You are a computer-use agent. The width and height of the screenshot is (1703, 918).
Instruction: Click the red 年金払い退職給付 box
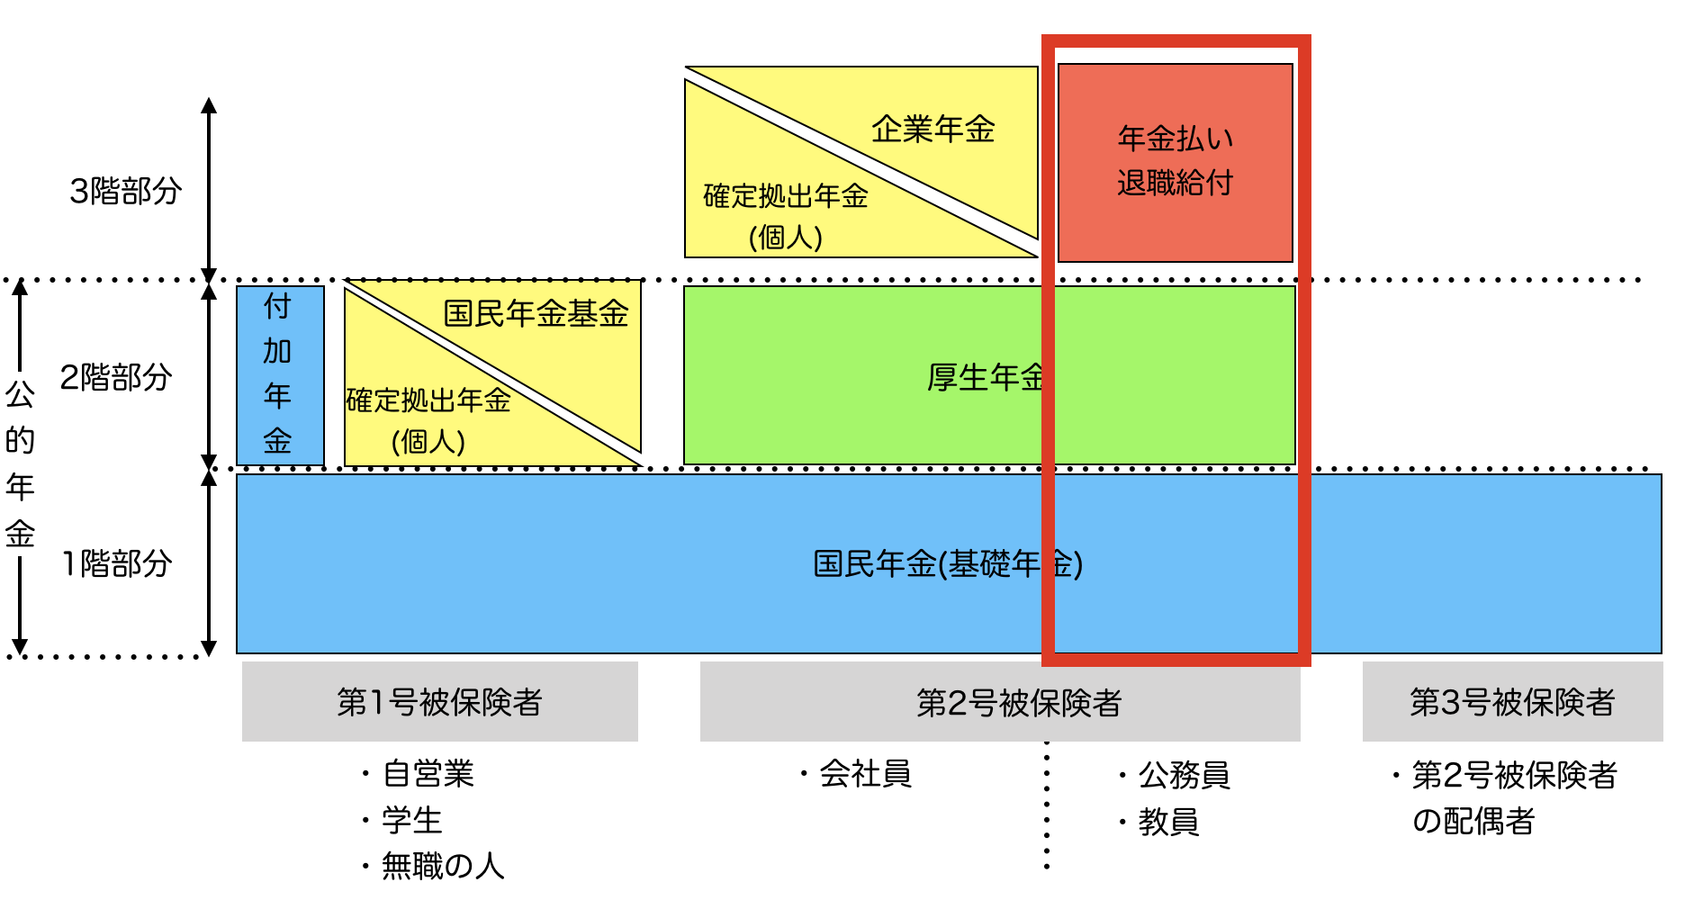1175,162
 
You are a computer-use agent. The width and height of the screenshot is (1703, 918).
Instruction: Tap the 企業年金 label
933,130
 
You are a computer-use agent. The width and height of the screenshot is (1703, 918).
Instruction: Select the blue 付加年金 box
279,374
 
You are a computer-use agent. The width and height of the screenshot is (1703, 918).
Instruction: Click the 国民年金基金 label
536,313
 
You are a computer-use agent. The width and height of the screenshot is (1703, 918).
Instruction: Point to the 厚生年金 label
985,377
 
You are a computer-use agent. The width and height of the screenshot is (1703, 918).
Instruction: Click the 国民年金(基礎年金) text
947,564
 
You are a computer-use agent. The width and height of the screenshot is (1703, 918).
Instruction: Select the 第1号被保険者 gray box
439,702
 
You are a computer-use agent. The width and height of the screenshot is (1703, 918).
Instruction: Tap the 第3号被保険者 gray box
1512,702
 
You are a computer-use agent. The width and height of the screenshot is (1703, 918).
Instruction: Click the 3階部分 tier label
126,191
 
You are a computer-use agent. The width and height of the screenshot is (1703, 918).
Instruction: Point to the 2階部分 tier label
116,377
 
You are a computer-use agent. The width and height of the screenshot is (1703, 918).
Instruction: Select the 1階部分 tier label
117,564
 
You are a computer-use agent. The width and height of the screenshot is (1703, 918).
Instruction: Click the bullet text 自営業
428,774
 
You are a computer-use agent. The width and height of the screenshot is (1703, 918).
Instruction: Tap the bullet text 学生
411,820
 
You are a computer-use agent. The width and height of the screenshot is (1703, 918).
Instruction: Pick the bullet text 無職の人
442,866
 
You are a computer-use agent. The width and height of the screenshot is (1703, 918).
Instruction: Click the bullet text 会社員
865,774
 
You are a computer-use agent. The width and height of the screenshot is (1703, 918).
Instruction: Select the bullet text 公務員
1184,775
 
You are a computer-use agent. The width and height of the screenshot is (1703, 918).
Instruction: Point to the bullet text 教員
1168,822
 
